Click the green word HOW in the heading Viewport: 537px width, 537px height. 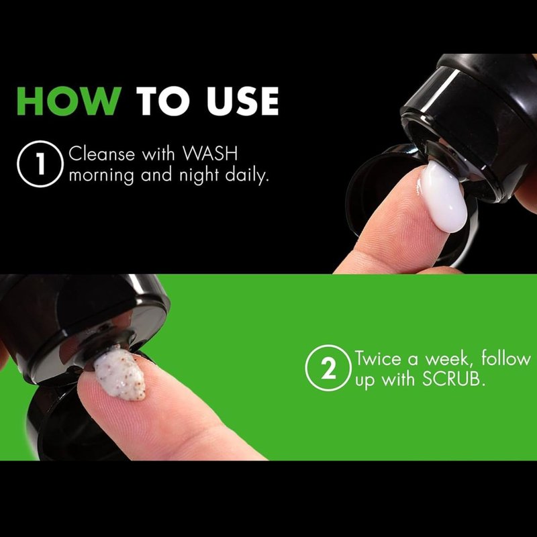click(69, 101)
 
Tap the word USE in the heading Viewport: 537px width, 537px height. click(243, 101)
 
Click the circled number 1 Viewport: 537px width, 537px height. click(40, 164)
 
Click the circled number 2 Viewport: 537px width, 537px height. click(328, 367)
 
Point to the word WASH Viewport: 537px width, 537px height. click(210, 154)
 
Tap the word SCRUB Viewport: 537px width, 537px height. click(454, 379)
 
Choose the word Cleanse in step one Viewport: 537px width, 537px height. click(102, 154)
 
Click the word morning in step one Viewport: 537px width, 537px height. click(102, 176)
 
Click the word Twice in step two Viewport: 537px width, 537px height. click(378, 358)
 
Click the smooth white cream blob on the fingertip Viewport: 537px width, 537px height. click(443, 196)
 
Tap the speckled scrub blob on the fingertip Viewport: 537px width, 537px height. click(120, 373)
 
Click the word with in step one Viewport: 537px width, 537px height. click(158, 154)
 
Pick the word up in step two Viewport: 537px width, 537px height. click(365, 381)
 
